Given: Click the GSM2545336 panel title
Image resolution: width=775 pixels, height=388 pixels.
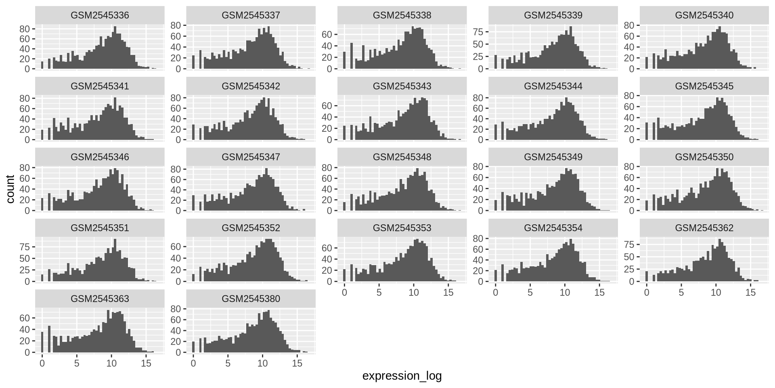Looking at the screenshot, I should (100, 15).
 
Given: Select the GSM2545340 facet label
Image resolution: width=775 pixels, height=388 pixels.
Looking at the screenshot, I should (704, 15).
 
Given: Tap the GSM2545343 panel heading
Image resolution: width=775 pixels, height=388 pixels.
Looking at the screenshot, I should (402, 86).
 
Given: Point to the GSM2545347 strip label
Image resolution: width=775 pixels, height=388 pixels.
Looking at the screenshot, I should (251, 157).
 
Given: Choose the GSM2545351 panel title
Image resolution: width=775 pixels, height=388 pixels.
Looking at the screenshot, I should (100, 228).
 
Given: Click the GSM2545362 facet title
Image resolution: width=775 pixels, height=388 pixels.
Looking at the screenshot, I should (704, 228).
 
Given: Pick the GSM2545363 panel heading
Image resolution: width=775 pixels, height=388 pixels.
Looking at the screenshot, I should (100, 299).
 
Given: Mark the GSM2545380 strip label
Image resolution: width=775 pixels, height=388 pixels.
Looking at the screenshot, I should (251, 299).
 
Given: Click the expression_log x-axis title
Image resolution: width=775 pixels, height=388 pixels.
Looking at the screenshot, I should (402, 376).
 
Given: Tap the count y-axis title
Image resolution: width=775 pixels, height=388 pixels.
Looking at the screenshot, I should (10, 189).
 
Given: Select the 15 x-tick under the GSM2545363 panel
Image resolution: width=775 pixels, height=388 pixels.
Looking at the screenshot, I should (146, 363).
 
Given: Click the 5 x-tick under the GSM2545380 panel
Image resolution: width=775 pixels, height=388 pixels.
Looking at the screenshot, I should (228, 363).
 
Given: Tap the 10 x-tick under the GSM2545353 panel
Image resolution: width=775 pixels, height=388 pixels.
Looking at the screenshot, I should (413, 292).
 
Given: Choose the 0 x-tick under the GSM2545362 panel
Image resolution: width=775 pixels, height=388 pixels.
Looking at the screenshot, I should (647, 292).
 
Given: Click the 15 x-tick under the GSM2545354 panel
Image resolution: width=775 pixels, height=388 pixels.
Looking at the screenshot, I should (599, 292).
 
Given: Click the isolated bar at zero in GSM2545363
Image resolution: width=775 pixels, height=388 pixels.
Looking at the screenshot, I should (42, 342).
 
